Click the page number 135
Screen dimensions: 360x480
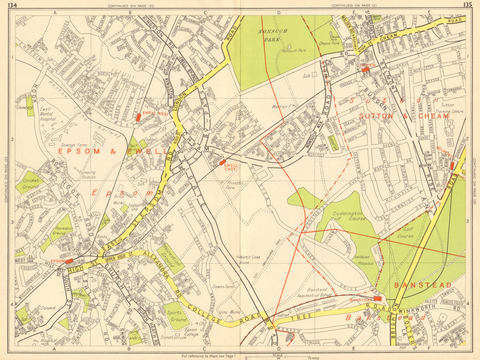pos(467,5)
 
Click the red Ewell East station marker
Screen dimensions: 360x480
pos(222,163)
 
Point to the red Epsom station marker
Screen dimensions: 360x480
pos(69,261)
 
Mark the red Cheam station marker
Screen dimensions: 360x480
pos(366,70)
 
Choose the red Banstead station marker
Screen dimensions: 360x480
pos(378,299)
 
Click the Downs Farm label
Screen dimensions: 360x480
pos(222,287)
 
